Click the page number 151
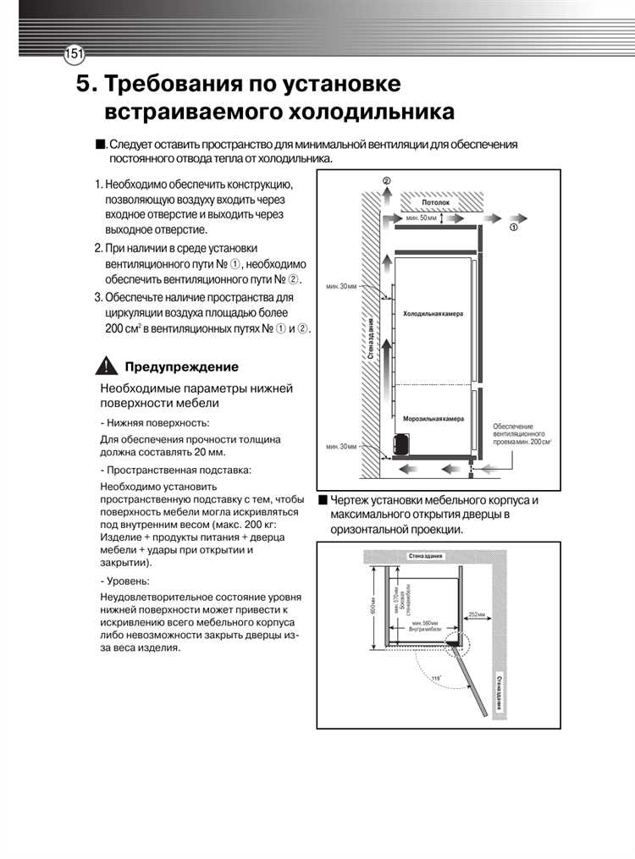pos(74,54)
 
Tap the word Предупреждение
pos(181,366)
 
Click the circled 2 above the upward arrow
pos(386,182)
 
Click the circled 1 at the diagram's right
pos(513,228)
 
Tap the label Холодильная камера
pos(433,314)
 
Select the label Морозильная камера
pos(433,419)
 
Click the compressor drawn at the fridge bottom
pos(401,445)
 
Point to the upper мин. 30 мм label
pos(341,287)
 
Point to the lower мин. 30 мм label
pos(341,446)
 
